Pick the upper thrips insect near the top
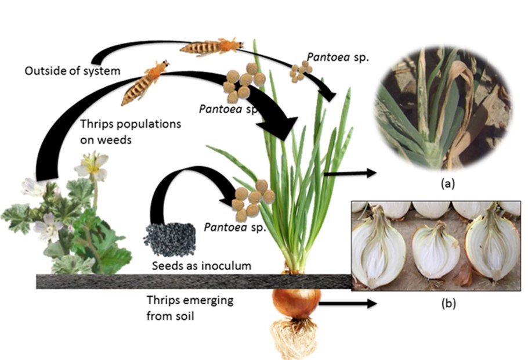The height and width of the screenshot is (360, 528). (211, 47)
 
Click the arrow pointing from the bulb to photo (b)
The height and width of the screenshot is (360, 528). (347, 303)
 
